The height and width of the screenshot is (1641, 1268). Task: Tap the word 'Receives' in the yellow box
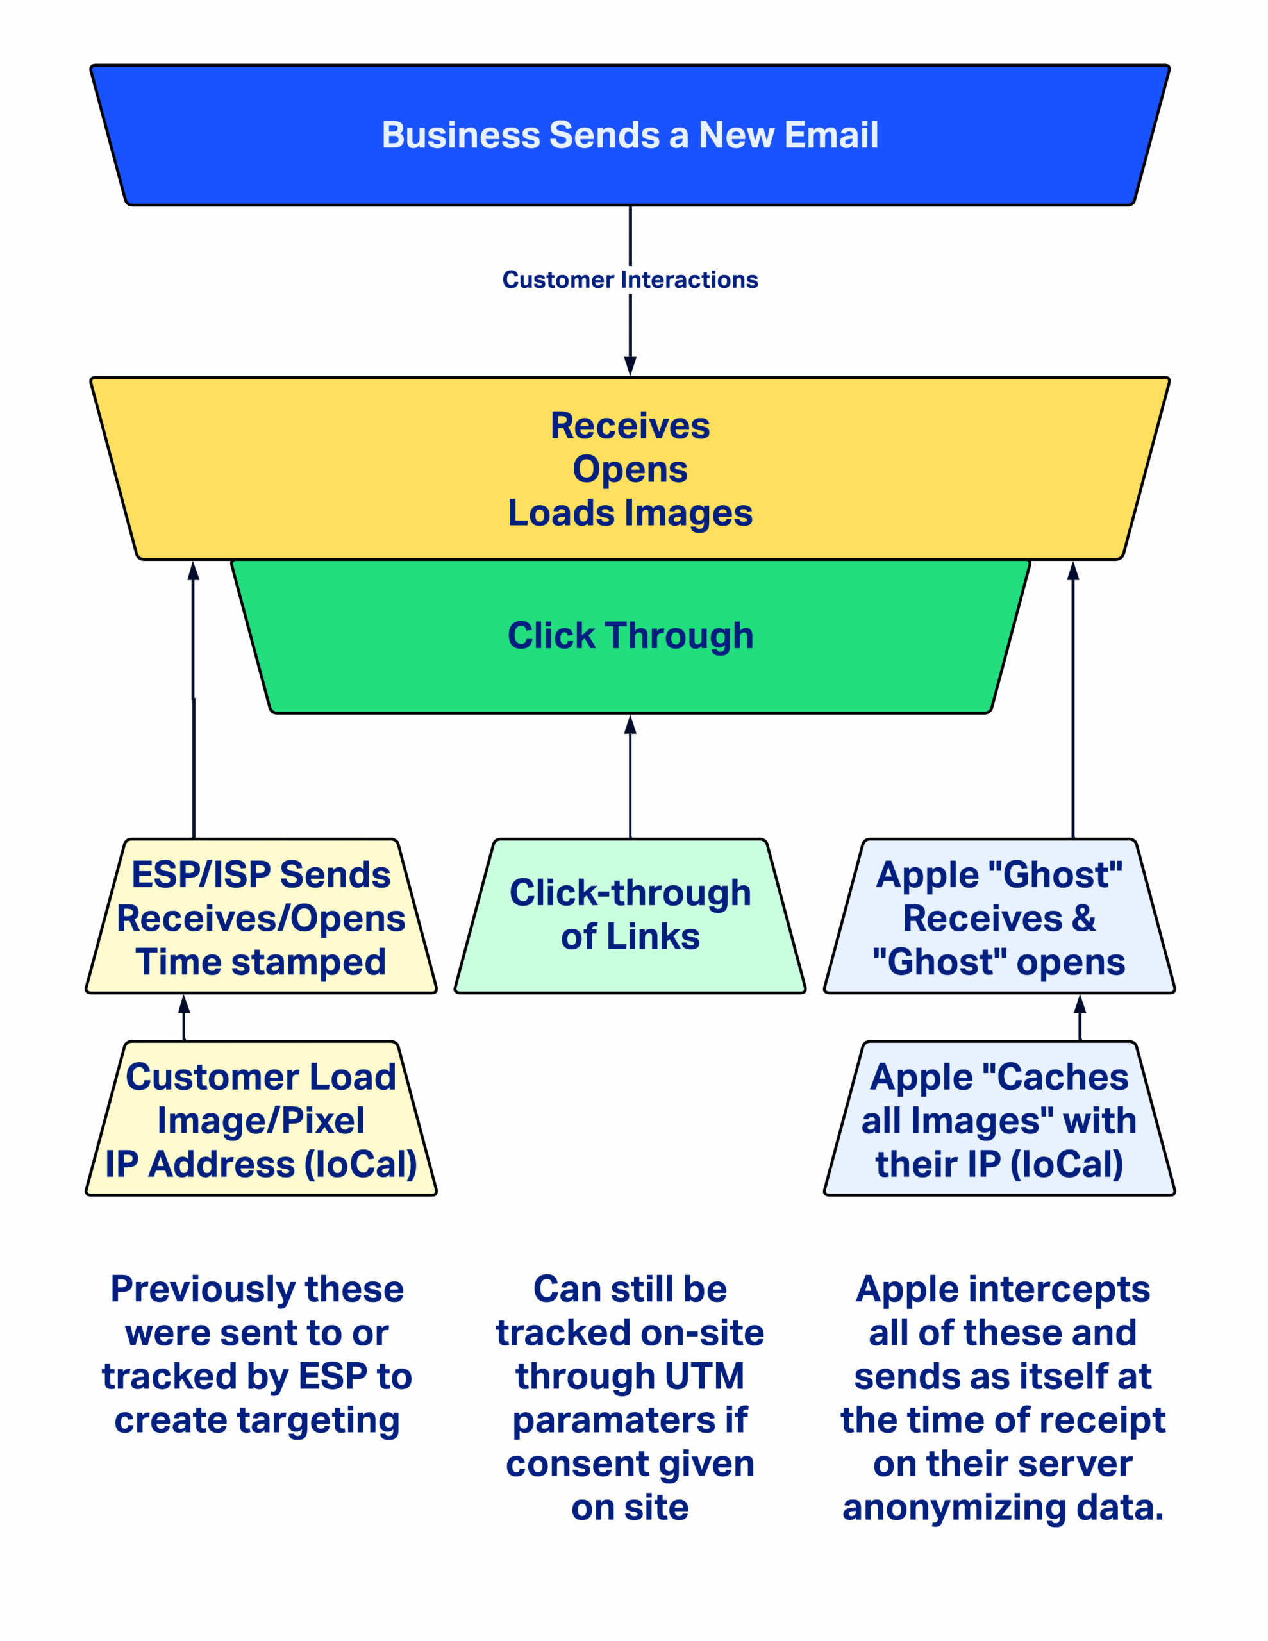click(630, 426)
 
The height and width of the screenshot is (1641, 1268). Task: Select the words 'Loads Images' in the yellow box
click(630, 513)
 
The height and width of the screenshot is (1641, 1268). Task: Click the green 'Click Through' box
click(630, 636)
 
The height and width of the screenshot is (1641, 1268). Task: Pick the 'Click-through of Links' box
click(630, 915)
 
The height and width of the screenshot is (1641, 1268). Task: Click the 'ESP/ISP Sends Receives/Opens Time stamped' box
click(261, 918)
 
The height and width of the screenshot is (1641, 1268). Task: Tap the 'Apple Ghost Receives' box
click(999, 918)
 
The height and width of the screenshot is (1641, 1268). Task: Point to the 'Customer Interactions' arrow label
click(630, 279)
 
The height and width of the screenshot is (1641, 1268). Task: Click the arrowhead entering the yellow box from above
click(630, 367)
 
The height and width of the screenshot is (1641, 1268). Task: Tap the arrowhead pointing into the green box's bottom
click(630, 724)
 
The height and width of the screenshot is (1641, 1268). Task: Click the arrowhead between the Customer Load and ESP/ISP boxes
click(184, 1004)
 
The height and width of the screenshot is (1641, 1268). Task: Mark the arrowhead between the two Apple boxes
click(1080, 1004)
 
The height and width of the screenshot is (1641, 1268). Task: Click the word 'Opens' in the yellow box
click(630, 470)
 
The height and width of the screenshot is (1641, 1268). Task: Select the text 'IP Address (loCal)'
click(261, 1165)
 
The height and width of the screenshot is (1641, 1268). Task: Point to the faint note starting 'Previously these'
click(260, 1354)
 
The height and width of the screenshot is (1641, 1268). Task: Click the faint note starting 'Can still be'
click(630, 1397)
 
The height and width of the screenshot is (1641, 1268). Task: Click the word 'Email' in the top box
click(831, 135)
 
